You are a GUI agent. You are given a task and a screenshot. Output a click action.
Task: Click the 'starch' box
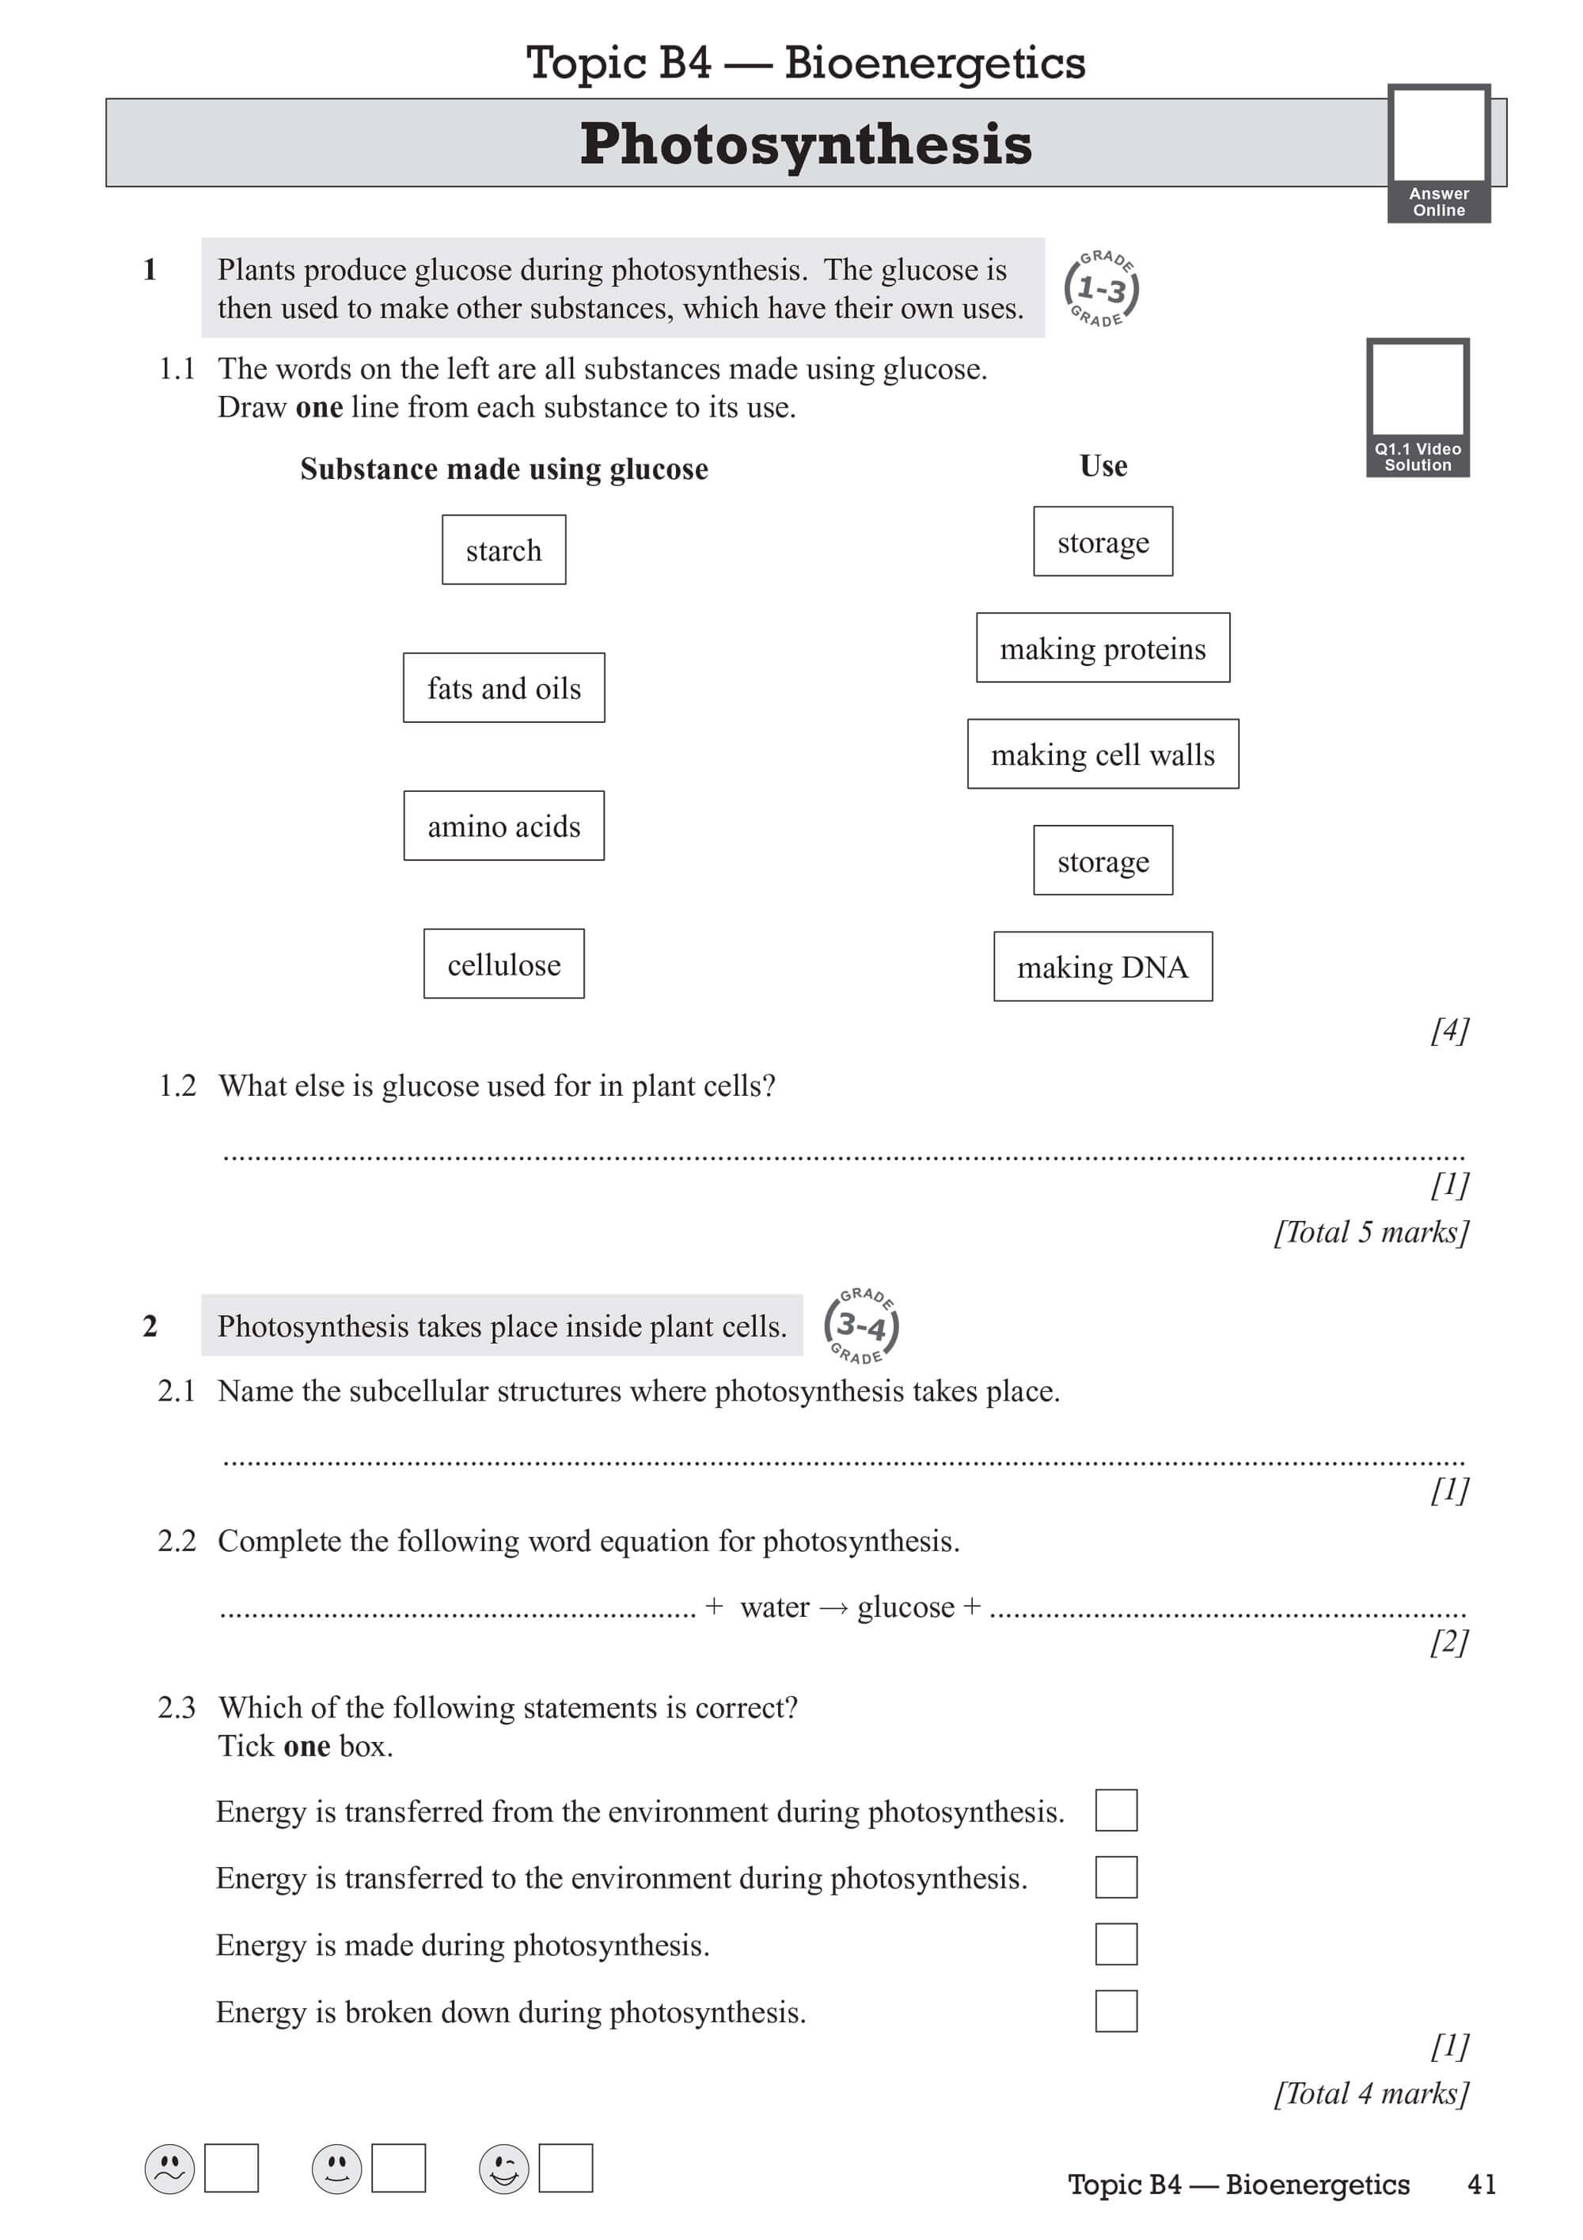pos(503,550)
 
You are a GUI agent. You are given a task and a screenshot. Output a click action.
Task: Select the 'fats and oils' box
pos(503,688)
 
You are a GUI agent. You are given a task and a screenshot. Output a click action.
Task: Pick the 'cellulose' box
pos(503,964)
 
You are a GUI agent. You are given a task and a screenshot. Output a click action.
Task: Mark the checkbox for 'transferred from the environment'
pos(1116,1810)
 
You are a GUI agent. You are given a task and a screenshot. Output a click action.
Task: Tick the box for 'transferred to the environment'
pos(1116,1877)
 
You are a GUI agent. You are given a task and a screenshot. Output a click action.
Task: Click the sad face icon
pos(169,2169)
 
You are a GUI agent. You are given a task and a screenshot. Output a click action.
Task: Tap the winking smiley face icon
pos(503,2169)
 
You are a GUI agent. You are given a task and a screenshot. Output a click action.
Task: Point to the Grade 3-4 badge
pos(860,1325)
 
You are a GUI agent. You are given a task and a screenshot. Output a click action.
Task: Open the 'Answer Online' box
pos(1439,153)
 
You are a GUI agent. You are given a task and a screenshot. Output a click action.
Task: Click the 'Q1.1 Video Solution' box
pos(1418,407)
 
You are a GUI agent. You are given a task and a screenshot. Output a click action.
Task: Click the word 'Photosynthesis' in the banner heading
pos(806,144)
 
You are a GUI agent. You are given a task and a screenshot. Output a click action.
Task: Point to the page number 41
pos(1481,2185)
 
